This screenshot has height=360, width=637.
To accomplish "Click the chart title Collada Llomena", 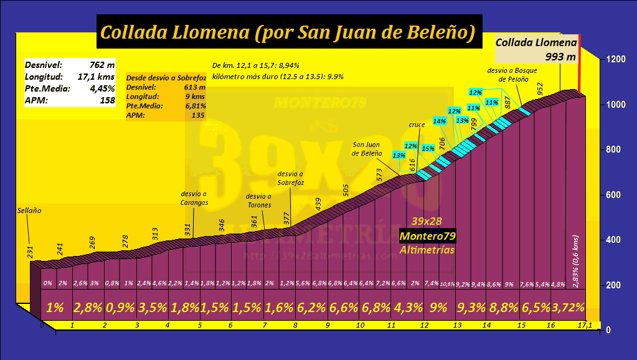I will coord(288,32).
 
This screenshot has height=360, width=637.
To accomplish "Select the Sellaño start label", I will coord(29,211).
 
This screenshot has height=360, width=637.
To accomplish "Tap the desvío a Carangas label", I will coord(194,198).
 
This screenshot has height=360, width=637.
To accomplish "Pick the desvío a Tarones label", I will coord(259,201).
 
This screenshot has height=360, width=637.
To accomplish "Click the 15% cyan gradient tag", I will coord(428,148).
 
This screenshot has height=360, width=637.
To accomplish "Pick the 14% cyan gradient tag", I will coord(440,121).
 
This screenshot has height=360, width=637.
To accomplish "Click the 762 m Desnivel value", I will coord(102,64).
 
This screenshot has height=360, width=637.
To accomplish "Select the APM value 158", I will coord(106,100).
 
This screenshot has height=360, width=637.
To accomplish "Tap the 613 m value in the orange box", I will coord(196,87).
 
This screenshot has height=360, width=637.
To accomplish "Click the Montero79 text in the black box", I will coord(428,237).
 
